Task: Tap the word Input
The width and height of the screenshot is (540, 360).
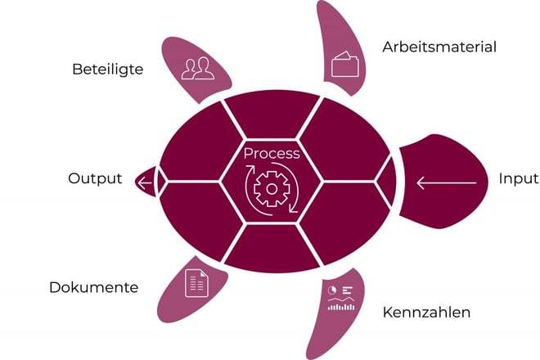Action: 518,179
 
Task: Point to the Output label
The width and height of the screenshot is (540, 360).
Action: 95,178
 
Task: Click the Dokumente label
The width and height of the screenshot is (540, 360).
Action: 93,287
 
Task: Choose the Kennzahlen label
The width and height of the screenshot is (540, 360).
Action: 426,313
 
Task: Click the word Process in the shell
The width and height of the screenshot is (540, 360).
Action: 272,153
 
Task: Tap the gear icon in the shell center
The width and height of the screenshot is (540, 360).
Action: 269,189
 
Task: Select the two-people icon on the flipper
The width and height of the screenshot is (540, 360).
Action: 199,68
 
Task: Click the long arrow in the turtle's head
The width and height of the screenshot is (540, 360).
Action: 445,182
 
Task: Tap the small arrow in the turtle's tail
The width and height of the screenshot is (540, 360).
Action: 146,180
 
